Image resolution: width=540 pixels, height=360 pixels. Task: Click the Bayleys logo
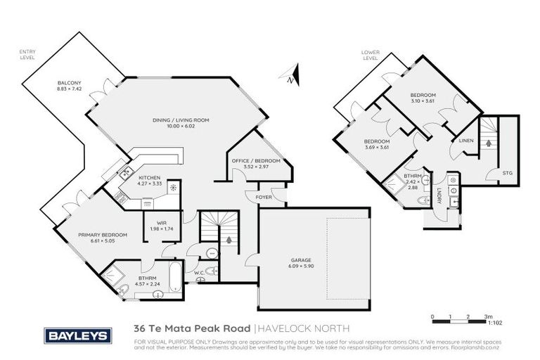pos(78,336)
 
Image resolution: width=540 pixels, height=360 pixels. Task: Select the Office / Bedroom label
pos(256,161)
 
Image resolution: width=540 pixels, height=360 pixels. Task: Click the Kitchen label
pos(150,177)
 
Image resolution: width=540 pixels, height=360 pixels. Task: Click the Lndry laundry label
pos(439,198)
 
